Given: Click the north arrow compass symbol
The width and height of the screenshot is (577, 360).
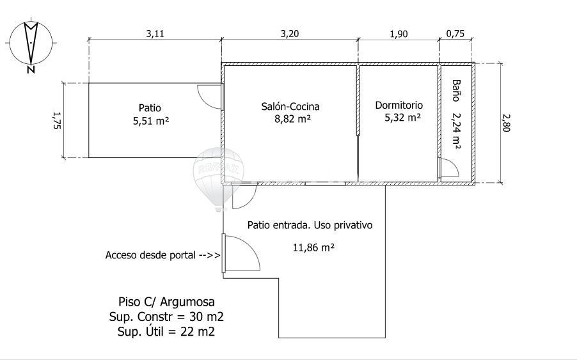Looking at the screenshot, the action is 31,43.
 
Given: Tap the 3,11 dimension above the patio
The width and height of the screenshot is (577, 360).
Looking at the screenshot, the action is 155,34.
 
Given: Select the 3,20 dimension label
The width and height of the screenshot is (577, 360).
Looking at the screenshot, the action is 290,34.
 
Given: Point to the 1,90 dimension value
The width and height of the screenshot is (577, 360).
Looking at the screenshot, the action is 399,34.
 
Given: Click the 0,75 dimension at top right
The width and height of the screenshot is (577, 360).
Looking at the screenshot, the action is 455,34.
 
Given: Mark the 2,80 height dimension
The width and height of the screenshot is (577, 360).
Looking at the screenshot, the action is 507,123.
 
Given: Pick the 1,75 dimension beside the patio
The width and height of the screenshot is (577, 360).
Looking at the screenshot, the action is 57,120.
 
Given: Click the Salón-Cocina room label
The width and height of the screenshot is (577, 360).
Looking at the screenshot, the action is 290,107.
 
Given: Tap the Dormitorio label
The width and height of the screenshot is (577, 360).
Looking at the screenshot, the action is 399,105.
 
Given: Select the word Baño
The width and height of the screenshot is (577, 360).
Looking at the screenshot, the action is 456,90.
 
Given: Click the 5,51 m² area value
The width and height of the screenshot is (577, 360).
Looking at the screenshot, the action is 151,121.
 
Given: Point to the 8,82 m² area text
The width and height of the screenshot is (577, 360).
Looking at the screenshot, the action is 292,119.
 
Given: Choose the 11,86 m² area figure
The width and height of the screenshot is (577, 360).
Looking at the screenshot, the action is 313,247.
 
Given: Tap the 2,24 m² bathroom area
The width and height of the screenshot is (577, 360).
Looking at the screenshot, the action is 456,130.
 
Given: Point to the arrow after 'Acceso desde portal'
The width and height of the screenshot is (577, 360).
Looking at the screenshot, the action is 209,255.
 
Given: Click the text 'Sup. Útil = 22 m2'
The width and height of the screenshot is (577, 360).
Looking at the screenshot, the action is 166,332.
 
